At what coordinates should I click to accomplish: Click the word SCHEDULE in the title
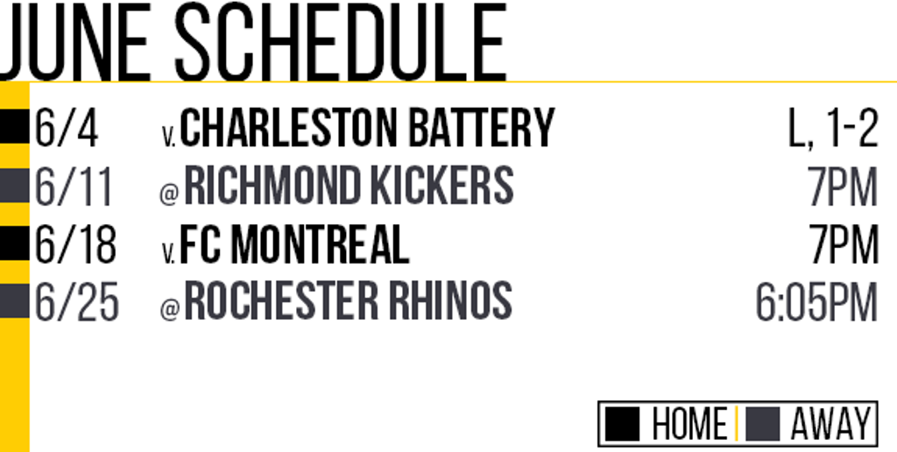341,41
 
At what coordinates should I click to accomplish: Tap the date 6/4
67,128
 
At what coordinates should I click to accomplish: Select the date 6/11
74,187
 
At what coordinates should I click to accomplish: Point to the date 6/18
75,244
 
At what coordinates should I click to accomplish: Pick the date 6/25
77,301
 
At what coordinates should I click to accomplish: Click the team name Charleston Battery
367,128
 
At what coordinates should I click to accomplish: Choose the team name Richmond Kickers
349,186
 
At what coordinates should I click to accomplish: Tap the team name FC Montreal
294,244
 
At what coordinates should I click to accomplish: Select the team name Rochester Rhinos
348,300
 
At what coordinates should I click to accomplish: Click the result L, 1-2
834,128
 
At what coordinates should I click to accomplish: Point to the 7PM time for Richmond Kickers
844,187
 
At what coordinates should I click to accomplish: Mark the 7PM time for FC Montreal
844,244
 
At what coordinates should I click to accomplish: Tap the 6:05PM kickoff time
817,301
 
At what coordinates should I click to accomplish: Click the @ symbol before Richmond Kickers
169,194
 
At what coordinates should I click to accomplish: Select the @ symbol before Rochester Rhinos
169,309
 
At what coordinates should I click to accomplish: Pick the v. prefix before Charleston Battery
169,138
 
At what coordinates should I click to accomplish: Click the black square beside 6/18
14,243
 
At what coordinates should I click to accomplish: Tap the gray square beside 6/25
14,300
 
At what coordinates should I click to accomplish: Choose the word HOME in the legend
690,424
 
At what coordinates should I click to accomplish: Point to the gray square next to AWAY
764,424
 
